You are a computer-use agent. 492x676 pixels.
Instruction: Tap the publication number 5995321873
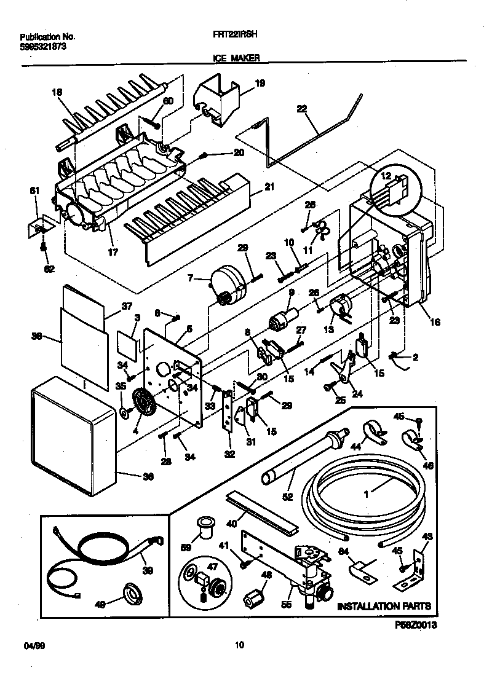tap(39, 46)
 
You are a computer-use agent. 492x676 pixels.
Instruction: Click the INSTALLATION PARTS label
tap(384, 607)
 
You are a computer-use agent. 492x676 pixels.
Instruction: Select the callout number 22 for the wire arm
tap(302, 109)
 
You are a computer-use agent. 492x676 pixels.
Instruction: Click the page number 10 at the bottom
tap(240, 645)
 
